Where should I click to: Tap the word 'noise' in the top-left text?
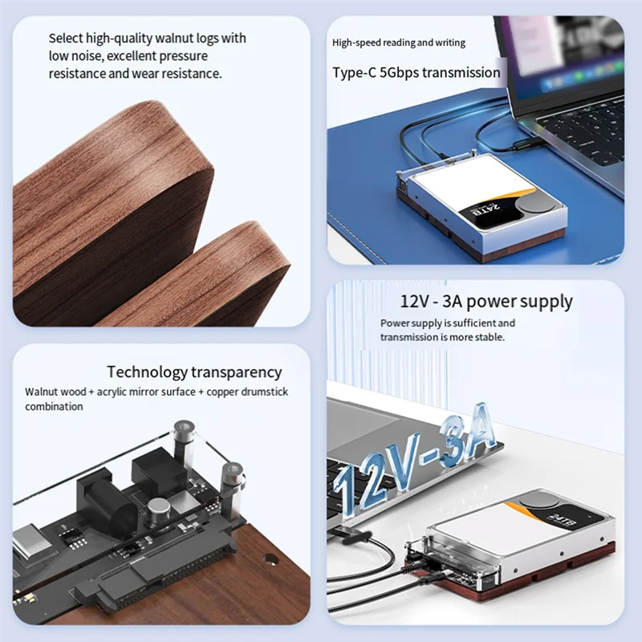pos(85,56)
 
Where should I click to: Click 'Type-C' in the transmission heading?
pos(353,73)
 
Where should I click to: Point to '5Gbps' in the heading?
pos(400,73)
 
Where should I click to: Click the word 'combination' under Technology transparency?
pos(54,407)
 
